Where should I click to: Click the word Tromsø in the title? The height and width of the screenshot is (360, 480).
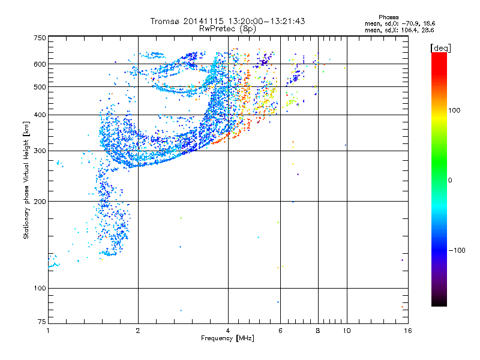pyautogui.click(x=164, y=21)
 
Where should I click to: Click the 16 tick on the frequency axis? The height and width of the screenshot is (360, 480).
pyautogui.click(x=406, y=331)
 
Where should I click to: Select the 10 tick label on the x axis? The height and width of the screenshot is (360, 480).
pyautogui.click(x=346, y=331)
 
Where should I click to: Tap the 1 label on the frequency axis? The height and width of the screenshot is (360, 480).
pyautogui.click(x=49, y=331)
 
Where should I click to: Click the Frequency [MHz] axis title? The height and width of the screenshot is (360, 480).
pyautogui.click(x=227, y=339)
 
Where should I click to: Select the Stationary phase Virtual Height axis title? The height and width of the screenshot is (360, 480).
pyautogui.click(x=26, y=180)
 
